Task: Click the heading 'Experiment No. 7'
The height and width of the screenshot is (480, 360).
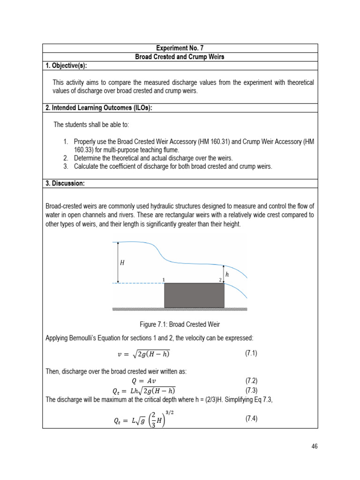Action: (180, 48)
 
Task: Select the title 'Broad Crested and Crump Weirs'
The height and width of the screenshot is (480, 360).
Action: (180, 57)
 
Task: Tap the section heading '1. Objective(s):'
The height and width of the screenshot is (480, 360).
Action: (66, 65)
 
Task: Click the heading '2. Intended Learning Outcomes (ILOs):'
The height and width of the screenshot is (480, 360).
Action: (99, 108)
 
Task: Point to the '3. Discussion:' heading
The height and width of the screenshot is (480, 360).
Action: (65, 183)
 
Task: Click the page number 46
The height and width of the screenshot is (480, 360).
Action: (314, 446)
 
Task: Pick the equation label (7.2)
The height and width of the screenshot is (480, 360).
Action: (251, 381)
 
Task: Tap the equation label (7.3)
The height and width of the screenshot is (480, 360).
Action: (251, 390)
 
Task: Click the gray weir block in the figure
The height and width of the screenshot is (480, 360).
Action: (194, 295)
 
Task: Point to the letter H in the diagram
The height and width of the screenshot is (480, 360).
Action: (122, 263)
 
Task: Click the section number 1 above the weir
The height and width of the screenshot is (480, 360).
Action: (164, 280)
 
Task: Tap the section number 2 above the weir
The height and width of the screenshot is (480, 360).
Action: (220, 280)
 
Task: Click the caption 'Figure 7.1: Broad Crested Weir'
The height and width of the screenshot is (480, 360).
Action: (180, 324)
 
